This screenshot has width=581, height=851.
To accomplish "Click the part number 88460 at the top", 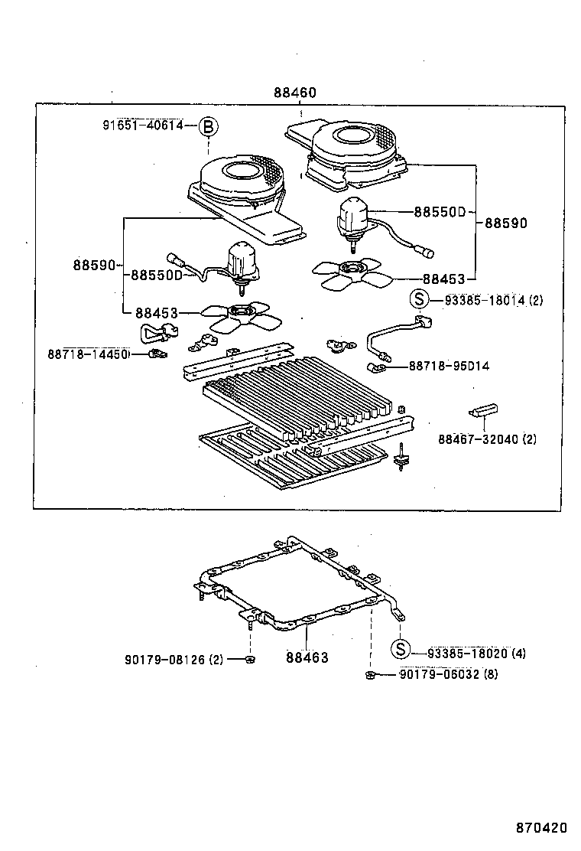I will pos(294,93).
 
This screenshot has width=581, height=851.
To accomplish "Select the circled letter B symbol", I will pos(209,126).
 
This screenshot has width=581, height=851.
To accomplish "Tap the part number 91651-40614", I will pos(143,126).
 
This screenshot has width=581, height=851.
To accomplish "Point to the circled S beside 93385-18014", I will pos(417,300).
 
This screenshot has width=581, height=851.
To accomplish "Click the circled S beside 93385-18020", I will pos(400,652).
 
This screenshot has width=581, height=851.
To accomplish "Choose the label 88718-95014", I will pos(449,366).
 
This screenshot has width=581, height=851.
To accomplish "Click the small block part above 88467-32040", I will pos(483,409).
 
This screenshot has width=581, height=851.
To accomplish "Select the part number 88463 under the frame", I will pos(307,657).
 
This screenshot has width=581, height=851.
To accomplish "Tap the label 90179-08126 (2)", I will pos(174,659).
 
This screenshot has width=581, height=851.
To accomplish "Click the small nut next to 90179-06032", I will pos(369,674).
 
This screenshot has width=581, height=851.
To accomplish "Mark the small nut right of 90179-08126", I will pos(251,659).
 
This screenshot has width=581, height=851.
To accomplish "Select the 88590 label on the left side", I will pos(94,266).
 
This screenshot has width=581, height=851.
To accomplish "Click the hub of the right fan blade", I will pos(352,268).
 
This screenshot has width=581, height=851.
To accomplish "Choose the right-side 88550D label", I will pos(440,211).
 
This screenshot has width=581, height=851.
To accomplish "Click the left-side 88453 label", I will pos(157,313).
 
